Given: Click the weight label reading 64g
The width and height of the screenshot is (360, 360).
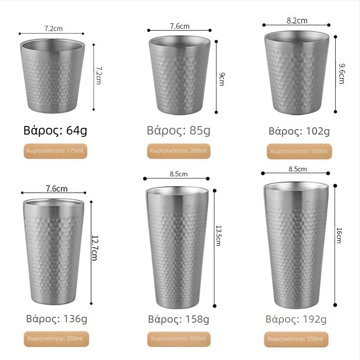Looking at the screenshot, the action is pyautogui.click(x=55, y=130).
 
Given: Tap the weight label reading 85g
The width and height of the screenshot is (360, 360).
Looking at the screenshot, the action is pyautogui.click(x=178, y=130).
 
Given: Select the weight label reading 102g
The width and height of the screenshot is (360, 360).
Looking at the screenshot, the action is pyautogui.click(x=299, y=131).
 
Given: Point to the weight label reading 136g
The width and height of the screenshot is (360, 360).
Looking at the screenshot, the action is pyautogui.click(x=57, y=319).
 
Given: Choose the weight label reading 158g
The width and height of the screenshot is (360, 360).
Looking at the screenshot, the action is pyautogui.click(x=178, y=319).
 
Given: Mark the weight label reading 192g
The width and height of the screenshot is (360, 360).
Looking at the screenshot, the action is pyautogui.click(x=296, y=319).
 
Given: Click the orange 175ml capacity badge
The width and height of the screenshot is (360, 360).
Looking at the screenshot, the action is pyautogui.click(x=55, y=151).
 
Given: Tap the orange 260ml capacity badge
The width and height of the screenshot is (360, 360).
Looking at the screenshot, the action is pyautogui.click(x=179, y=151).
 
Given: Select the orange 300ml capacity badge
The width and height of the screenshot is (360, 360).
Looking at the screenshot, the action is pyautogui.click(x=299, y=151).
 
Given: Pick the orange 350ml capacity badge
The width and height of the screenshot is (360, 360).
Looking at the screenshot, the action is pyautogui.click(x=56, y=339).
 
